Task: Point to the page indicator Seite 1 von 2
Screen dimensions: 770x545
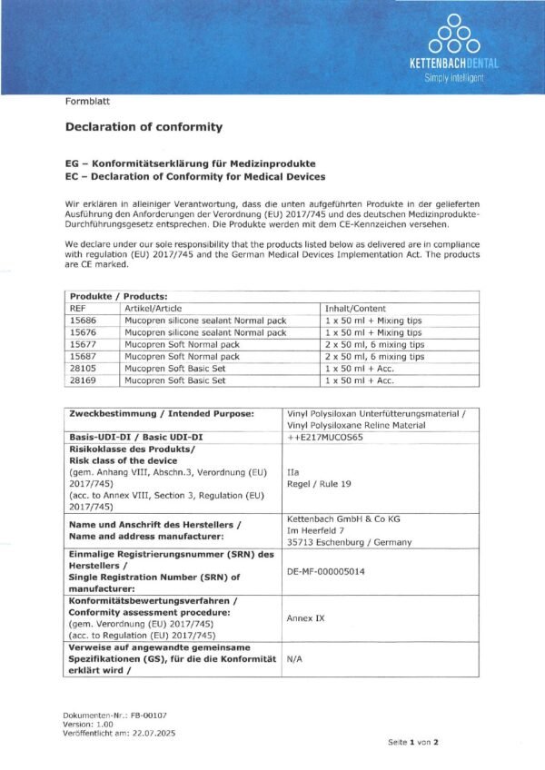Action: point(413,742)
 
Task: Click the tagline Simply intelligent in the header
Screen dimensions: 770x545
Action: point(454,78)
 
